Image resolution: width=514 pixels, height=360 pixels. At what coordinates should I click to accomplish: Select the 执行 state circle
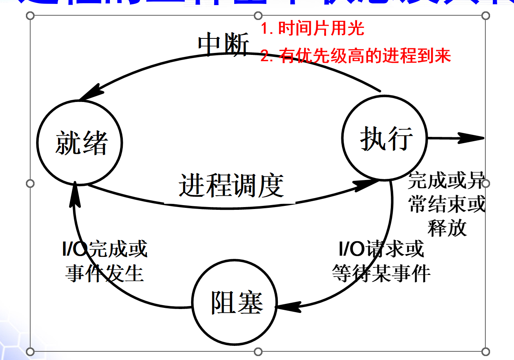385,138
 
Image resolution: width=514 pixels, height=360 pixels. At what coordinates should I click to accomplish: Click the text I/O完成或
104,249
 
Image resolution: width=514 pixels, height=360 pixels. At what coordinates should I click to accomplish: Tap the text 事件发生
104,273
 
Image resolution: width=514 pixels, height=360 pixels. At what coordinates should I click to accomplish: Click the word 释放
447,228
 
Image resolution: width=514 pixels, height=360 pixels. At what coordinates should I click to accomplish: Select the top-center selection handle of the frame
258,16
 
